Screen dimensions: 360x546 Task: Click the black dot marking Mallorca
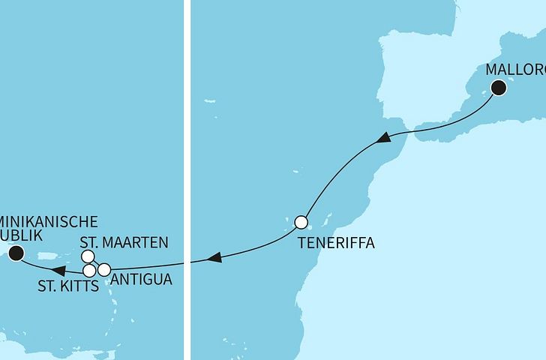pyautogui.click(x=499, y=89)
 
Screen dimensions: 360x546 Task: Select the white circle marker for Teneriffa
pyautogui.click(x=301, y=222)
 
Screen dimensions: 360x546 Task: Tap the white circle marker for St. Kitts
pyautogui.click(x=89, y=270)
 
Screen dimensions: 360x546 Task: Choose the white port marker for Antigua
pyautogui.click(x=104, y=269)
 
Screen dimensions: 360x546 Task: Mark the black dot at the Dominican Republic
pyautogui.click(x=15, y=256)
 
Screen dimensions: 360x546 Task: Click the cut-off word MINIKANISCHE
pyautogui.click(x=49, y=221)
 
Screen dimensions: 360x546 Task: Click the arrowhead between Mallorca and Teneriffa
pyautogui.click(x=383, y=138)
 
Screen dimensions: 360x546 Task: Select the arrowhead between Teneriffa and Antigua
pyautogui.click(x=214, y=258)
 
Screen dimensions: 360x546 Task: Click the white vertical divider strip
pyautogui.click(x=187, y=180)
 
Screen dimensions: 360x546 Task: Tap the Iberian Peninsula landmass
pyautogui.click(x=420, y=75)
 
